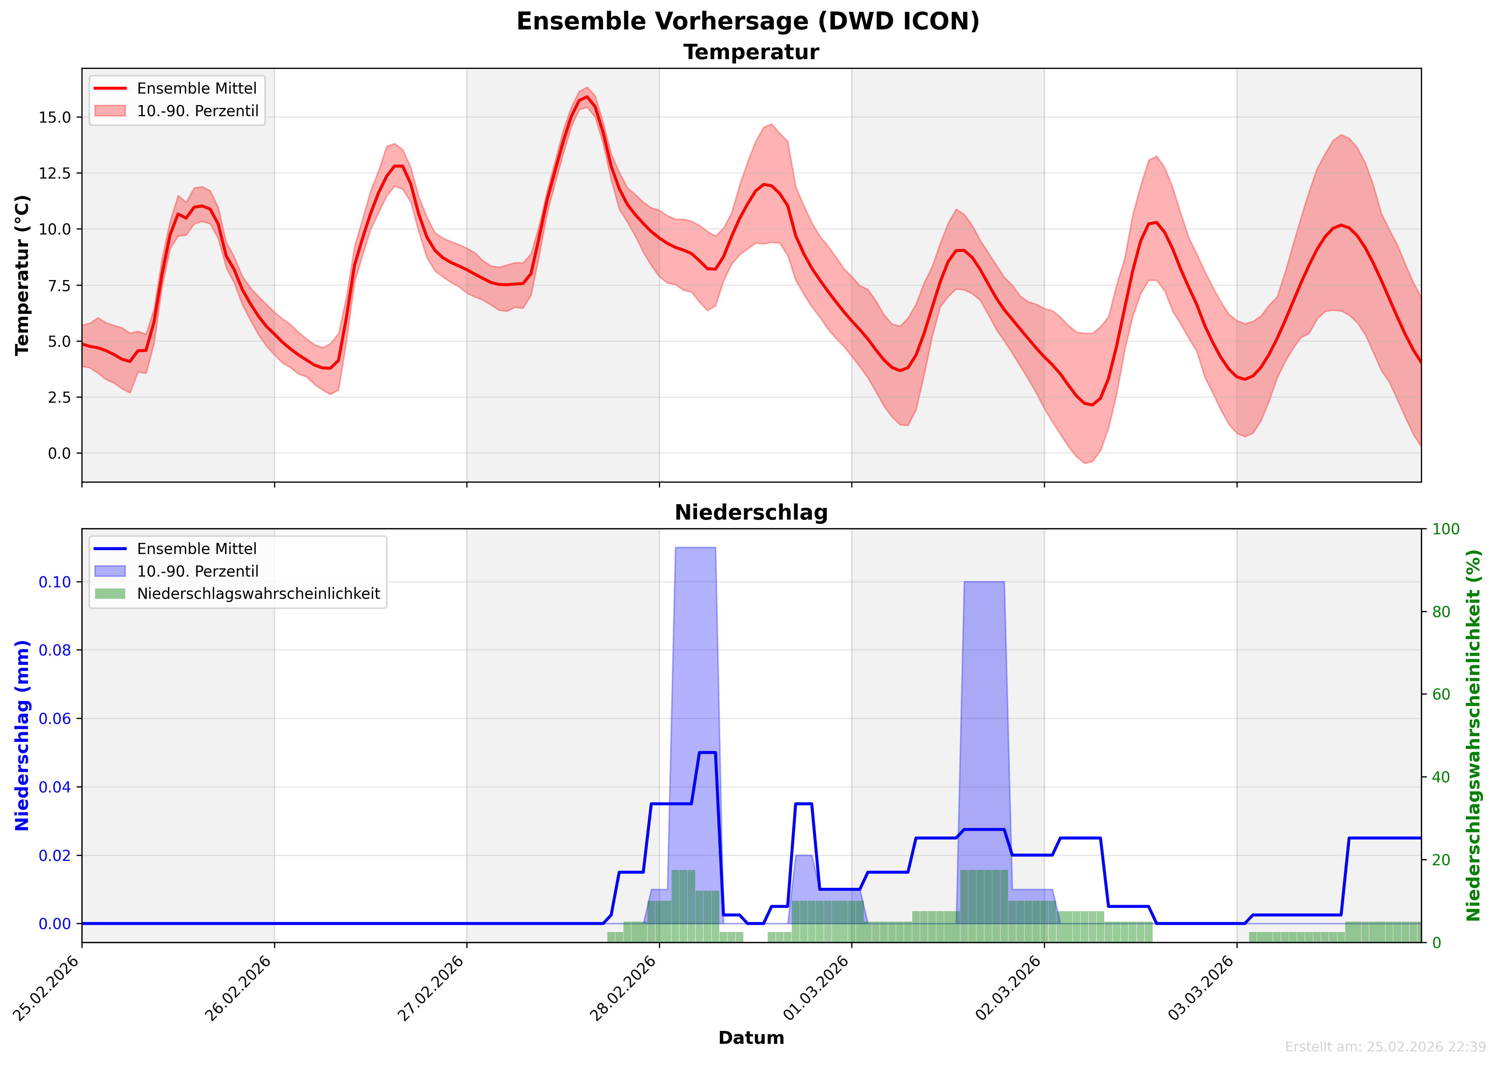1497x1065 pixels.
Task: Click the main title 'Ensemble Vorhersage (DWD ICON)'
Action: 748,22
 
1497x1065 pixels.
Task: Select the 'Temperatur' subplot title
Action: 751,52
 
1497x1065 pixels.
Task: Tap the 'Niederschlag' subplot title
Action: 751,513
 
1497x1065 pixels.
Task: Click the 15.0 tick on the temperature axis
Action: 55,117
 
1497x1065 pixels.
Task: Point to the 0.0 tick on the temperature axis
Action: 59,453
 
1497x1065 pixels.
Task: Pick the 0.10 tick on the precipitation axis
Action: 55,582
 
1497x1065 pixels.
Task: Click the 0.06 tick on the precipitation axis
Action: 55,719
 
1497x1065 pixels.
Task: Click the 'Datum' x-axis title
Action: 751,1038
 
